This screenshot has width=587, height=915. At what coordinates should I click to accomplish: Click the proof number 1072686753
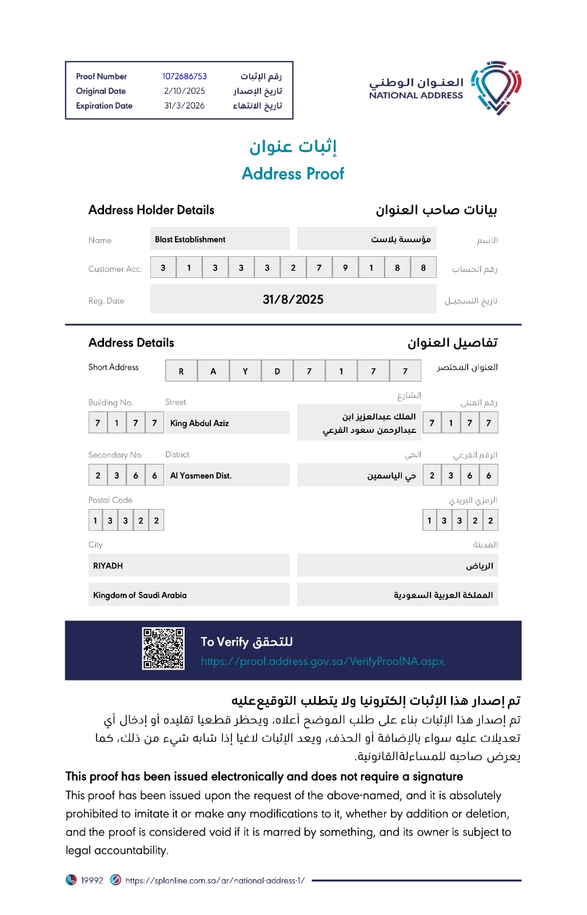click(184, 76)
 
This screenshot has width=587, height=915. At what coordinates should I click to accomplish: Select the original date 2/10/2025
click(184, 91)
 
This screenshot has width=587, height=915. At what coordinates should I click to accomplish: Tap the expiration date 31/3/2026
click(184, 106)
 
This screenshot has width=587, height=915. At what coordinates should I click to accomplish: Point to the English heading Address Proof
click(293, 173)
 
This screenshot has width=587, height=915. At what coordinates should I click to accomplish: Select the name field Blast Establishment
click(190, 240)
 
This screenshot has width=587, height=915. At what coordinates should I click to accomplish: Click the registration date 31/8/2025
click(293, 300)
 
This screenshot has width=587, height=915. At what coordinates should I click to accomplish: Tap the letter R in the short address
click(181, 371)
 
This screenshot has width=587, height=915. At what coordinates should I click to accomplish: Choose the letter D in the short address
click(277, 371)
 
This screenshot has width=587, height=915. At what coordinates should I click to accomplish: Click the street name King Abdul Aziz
click(199, 423)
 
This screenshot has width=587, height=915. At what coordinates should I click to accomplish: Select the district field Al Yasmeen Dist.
click(201, 476)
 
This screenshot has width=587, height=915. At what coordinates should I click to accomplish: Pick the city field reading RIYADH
click(108, 566)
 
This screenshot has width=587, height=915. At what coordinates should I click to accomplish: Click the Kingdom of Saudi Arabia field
click(140, 595)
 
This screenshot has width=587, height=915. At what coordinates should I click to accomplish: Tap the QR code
click(163, 649)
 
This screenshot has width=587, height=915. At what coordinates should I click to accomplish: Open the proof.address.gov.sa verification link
click(322, 662)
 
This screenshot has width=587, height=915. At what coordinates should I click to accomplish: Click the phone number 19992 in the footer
click(91, 881)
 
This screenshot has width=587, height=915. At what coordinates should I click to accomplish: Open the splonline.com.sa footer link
click(215, 881)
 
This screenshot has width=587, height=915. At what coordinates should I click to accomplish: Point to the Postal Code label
click(110, 500)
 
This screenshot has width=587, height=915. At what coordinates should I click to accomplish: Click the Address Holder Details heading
click(151, 210)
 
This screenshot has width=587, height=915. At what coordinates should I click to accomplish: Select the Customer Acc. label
click(115, 269)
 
